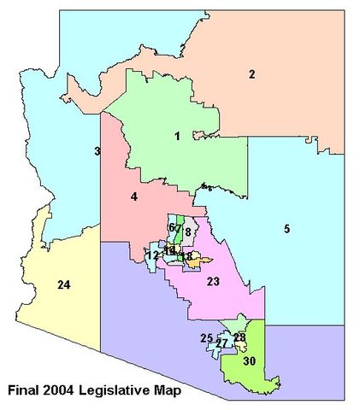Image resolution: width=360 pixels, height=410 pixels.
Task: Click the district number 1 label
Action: [x=177, y=136]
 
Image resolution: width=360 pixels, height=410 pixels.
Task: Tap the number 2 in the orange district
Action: [x=252, y=74]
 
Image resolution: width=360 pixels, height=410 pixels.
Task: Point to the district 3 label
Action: [x=97, y=152]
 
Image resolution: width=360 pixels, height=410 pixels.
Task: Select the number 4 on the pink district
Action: [x=134, y=197]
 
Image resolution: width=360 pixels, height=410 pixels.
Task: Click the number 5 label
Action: [x=287, y=228]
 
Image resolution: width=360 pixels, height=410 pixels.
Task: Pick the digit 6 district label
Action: [x=172, y=228]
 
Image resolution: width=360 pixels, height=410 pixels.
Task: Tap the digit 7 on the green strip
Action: [x=179, y=229]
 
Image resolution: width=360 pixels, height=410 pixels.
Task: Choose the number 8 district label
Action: [x=187, y=231]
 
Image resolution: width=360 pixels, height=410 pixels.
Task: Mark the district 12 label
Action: [x=152, y=255]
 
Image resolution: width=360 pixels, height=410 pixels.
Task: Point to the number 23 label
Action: [x=213, y=282]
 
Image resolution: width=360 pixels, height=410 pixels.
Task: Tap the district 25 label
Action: [x=206, y=338]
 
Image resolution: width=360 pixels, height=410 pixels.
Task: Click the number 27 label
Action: [x=221, y=343]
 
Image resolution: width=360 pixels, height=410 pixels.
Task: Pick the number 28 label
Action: [x=239, y=338]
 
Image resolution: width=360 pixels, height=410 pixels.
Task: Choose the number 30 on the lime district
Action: [x=249, y=361]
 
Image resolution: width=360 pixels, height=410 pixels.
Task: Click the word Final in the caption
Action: [x=24, y=391]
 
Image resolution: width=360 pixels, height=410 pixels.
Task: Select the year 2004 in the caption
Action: [x=63, y=391]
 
